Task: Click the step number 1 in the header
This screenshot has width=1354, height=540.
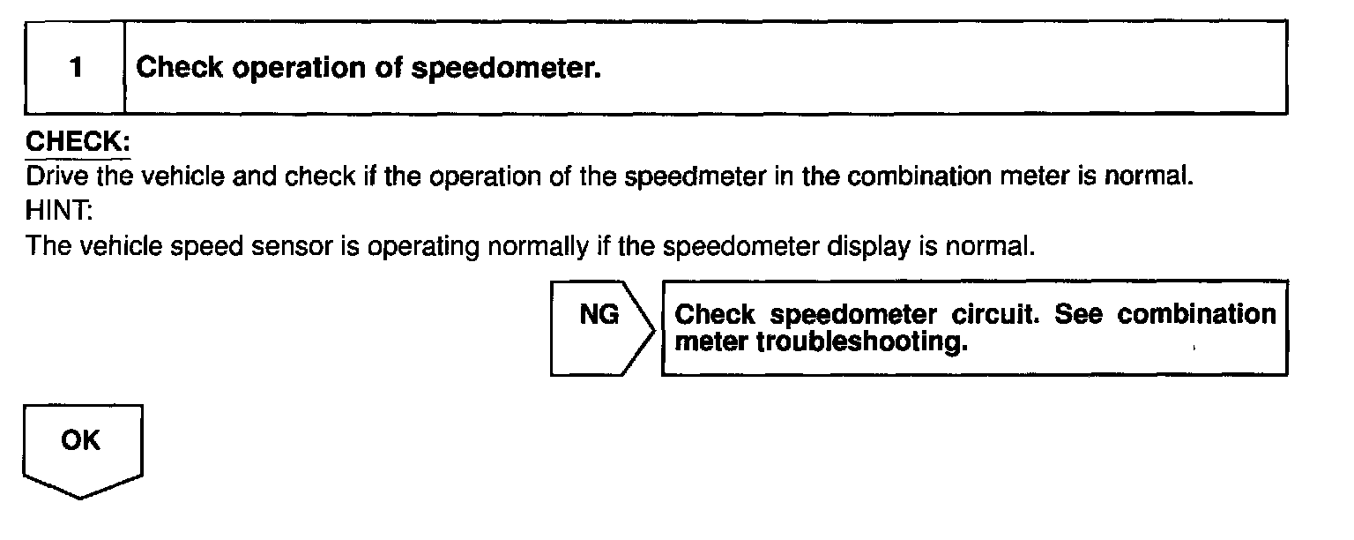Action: [x=77, y=69]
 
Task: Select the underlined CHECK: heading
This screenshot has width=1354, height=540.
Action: [x=78, y=141]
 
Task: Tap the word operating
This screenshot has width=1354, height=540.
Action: [x=419, y=245]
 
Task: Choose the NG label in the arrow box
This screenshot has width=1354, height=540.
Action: [x=599, y=315]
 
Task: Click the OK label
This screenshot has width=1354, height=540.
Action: [x=81, y=440]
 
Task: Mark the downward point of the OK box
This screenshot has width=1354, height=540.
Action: [x=82, y=497]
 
